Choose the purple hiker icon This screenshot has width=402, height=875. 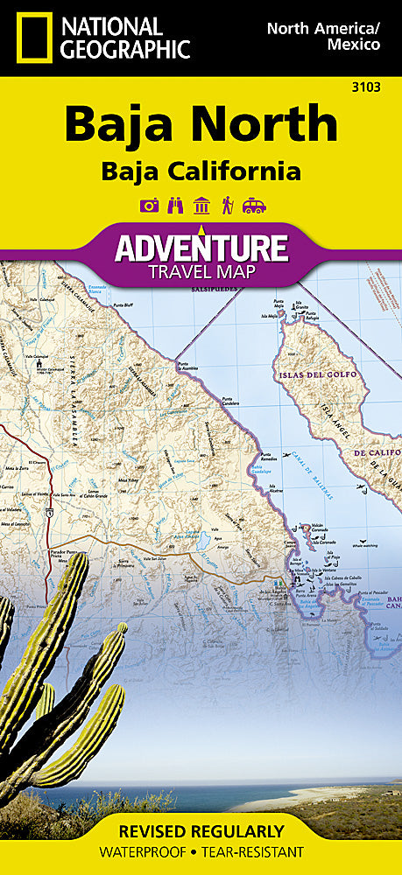(x=227, y=206)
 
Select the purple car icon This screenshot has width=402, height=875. (x=254, y=206)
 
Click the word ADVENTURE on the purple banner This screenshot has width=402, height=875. (x=201, y=248)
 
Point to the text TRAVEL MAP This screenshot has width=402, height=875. (x=201, y=272)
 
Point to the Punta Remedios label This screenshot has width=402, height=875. (x=268, y=458)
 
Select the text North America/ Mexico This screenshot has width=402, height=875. (x=323, y=36)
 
